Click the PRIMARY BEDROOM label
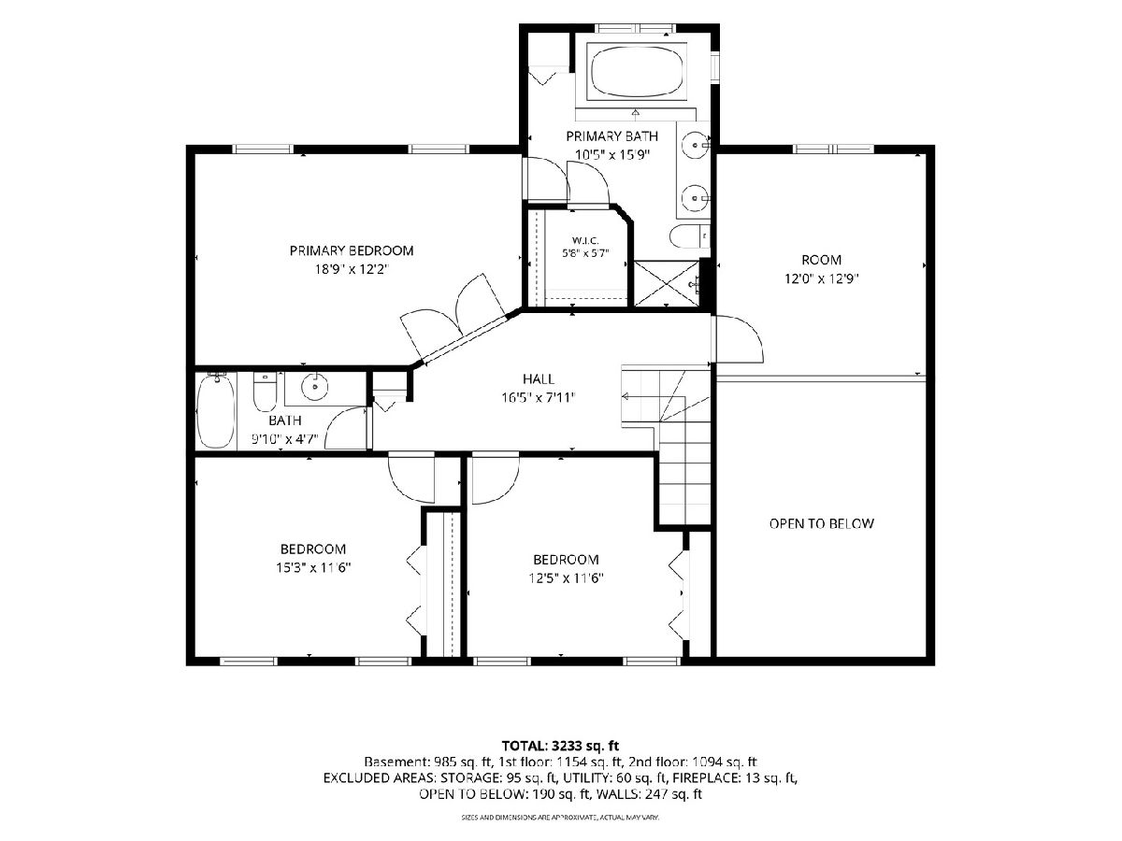352,250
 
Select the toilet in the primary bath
689,235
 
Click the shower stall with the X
667,284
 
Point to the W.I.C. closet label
585,240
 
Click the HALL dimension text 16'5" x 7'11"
539,397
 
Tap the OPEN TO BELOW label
822,523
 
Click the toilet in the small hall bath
265,392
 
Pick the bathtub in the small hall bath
216,411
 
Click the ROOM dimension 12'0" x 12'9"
822,278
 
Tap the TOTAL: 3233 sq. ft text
560,746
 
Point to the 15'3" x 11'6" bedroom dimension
313,567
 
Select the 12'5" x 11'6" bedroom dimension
567,578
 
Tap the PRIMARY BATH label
611,136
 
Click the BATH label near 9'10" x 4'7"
285,420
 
